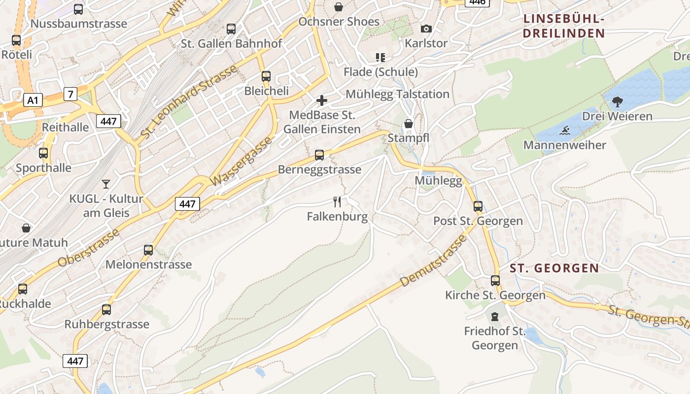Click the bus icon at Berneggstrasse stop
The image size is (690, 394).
[x=319, y=155]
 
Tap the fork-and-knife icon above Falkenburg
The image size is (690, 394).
[x=337, y=201]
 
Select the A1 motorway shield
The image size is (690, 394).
[x=33, y=100]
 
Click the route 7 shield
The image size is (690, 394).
[x=70, y=94]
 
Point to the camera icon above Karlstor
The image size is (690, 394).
[x=426, y=29]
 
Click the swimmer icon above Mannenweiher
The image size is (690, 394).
[x=564, y=131]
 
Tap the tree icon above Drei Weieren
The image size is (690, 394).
[x=617, y=102]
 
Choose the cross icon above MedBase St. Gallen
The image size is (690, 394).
[x=322, y=101]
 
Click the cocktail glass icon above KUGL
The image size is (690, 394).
[x=106, y=184]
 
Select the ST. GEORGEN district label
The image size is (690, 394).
[x=554, y=268]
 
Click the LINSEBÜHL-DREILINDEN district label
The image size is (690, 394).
[x=564, y=26]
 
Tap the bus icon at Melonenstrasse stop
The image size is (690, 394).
[x=148, y=250]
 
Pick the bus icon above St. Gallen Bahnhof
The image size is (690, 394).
[x=231, y=29]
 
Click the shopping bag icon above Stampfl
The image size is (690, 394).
[x=409, y=124]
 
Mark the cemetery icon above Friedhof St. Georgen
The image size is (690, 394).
[x=495, y=317]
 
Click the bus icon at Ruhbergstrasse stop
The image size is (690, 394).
[x=106, y=310]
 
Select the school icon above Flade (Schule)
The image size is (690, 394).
[x=380, y=58]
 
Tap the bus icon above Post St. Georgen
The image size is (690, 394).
[x=478, y=206]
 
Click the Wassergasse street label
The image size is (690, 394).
[x=241, y=162]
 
